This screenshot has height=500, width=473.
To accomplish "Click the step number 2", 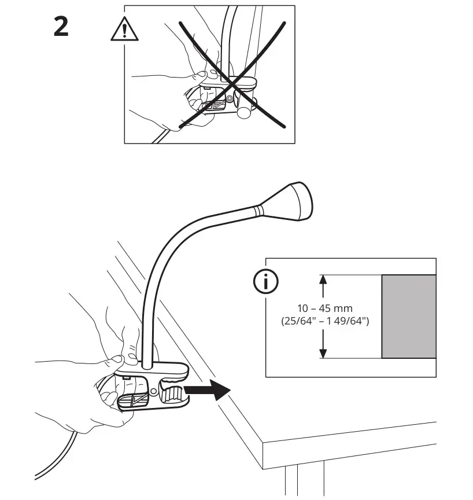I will click(61, 27).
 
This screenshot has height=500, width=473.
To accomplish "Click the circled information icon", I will click(267, 282).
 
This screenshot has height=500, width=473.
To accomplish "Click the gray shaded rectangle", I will click(408, 317).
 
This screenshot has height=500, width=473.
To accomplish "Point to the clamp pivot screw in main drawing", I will click(154, 392).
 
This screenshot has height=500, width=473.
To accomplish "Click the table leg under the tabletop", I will click(292, 480).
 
